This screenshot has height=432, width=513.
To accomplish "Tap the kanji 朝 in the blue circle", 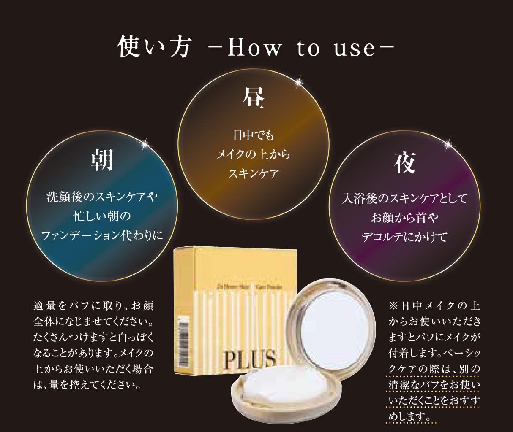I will point(102,160).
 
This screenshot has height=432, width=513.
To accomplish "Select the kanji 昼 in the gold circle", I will point(254,98).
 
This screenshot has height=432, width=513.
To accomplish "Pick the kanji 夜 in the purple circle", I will point(405,163).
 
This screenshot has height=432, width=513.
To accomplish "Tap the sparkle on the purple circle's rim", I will point(449,145).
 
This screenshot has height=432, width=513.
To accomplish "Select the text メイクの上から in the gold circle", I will point(254,154).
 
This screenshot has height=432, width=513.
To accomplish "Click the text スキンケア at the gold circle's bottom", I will point(254,173).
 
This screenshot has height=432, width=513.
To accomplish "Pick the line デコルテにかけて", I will point(404,237).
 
